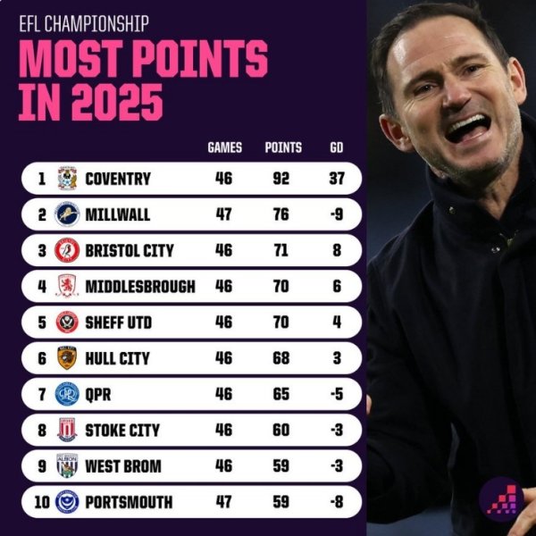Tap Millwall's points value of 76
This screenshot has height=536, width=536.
(280, 214)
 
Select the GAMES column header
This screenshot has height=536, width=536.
(224, 147)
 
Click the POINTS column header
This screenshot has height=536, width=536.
(283, 147)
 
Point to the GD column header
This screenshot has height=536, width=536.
(336, 147)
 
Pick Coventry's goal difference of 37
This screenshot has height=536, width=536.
(336, 179)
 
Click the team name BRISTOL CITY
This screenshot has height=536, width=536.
(129, 251)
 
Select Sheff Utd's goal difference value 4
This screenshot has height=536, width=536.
(337, 322)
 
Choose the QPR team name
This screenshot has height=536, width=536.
(98, 394)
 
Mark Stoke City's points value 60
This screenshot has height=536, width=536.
(281, 430)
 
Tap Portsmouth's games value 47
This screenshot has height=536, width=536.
(223, 501)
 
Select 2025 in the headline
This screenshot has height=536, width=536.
(111, 101)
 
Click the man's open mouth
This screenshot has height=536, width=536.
(467, 128)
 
